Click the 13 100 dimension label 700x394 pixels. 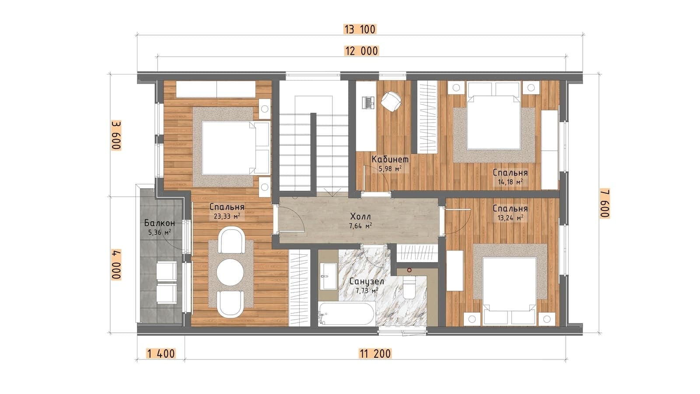360,29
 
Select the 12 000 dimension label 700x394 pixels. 361,51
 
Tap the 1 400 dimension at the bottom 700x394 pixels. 161,354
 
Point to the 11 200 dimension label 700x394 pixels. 375,354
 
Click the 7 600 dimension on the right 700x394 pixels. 605,203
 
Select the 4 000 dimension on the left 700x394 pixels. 116,264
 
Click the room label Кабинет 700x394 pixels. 390,159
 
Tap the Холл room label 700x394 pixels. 360,216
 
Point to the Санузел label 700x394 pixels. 367,281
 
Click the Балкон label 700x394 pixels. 159,223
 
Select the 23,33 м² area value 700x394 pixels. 227,216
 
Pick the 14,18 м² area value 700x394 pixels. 510,182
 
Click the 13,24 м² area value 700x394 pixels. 510,218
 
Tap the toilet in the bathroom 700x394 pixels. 409,287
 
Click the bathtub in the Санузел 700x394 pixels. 347,313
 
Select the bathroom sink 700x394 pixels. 328,276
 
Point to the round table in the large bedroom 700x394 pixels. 230,272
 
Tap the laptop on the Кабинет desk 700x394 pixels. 368,102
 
